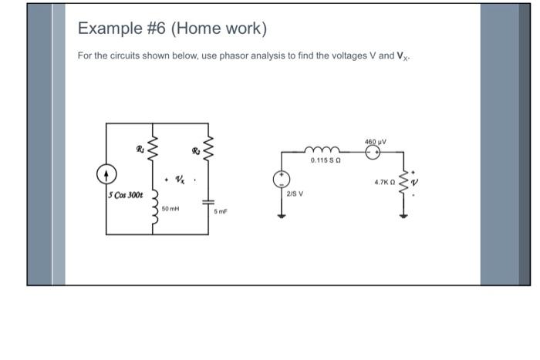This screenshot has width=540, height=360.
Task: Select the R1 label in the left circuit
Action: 140,149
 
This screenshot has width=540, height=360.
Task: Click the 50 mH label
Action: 170,209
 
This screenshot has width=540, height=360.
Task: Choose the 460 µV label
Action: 376,142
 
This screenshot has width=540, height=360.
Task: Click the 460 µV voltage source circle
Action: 373,153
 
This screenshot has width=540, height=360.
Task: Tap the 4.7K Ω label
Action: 384,183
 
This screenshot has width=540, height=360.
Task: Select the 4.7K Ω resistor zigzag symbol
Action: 401,183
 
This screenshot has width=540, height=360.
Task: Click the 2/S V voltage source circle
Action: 282,180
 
